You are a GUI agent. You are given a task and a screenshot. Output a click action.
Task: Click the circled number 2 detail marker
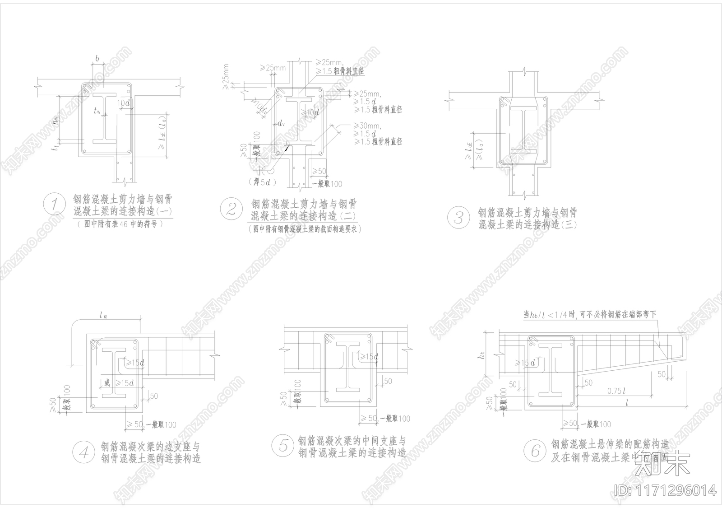(231, 209)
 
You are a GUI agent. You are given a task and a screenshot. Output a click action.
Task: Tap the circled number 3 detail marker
(458, 218)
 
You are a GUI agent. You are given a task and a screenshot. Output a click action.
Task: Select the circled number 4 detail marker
(84, 452)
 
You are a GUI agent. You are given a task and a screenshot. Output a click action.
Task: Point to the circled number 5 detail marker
(283, 445)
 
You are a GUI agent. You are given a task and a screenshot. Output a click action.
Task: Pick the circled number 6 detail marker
(535, 450)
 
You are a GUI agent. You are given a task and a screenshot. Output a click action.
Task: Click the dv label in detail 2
(281, 123)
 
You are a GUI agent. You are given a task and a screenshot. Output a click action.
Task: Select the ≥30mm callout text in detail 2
(368, 126)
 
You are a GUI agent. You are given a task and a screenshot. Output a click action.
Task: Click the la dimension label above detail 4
(103, 316)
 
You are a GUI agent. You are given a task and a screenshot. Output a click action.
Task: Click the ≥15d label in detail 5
(370, 357)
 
